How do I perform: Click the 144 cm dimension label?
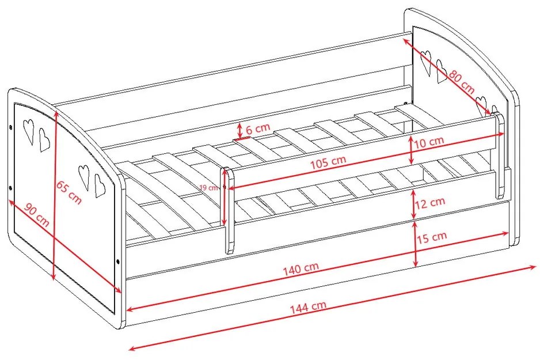point(308,307)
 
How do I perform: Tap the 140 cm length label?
point(301,268)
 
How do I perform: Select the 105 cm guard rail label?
point(328,162)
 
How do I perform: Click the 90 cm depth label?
point(37,215)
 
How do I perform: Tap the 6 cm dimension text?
point(258,128)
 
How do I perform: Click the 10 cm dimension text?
point(429,142)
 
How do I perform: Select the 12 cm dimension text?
point(430,203)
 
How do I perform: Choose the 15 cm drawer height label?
point(432,237)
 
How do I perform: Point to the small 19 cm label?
point(208,188)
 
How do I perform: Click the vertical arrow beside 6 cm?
point(239,131)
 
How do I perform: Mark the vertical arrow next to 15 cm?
point(415,244)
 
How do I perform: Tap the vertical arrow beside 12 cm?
point(414,203)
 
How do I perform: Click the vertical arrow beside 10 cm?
point(411,150)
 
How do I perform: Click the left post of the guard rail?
point(229,211)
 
